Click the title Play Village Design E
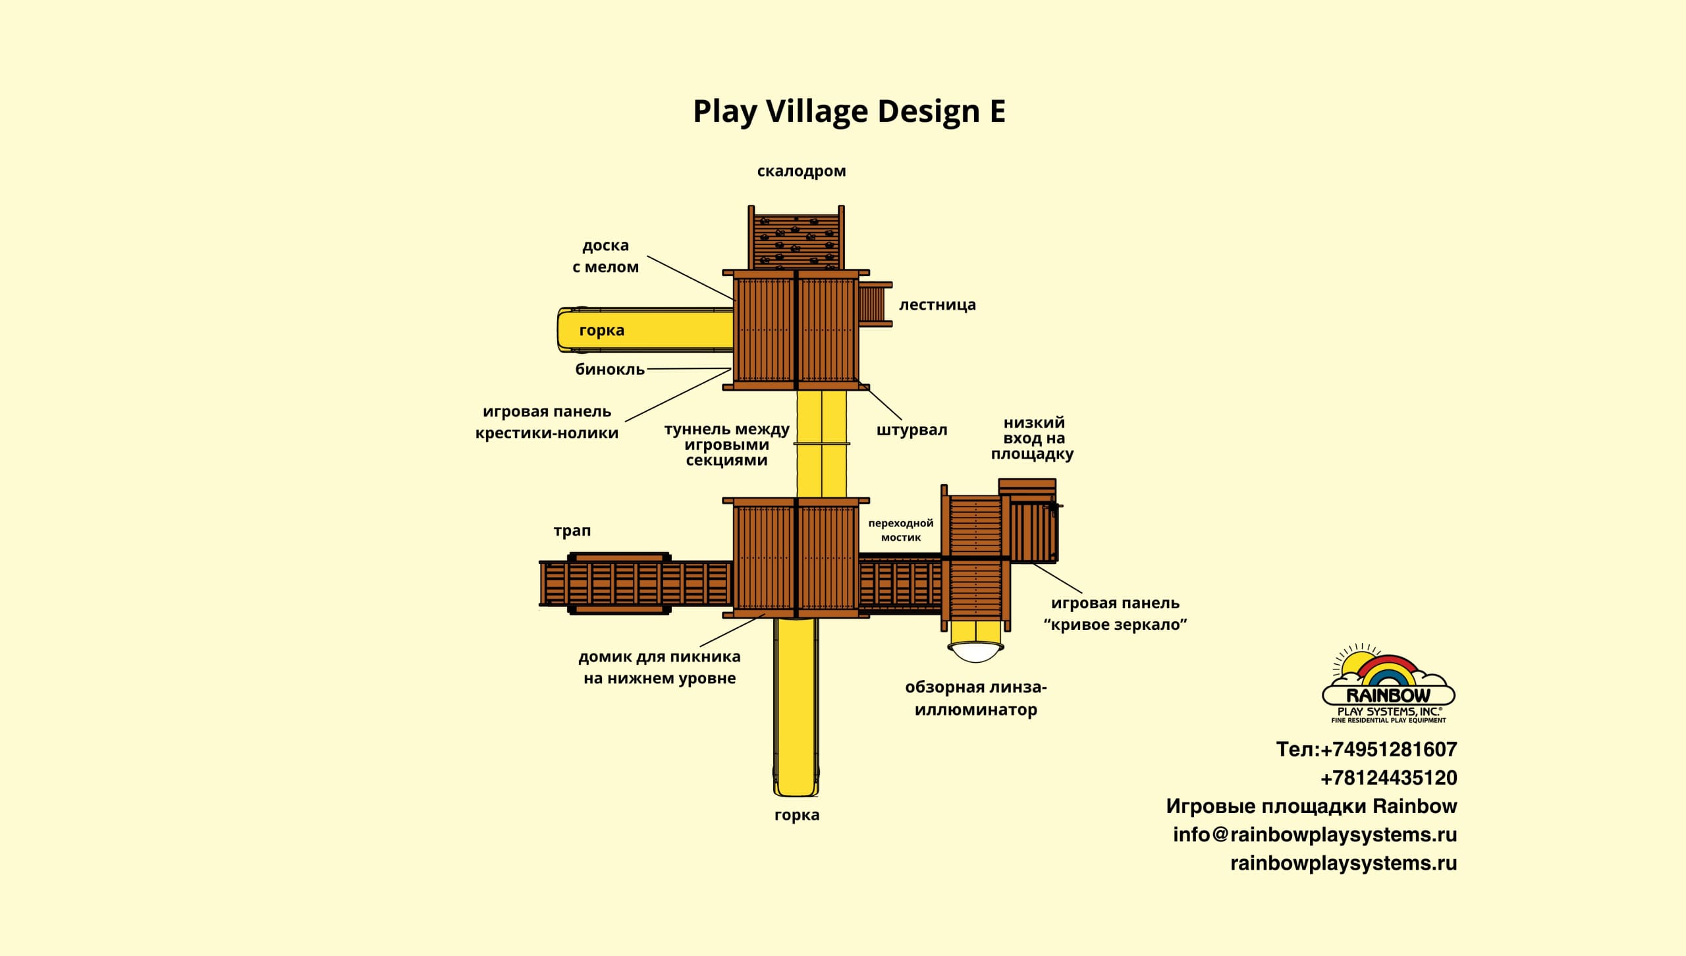(849, 111)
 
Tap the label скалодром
(801, 171)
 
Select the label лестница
(937, 305)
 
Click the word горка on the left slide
(601, 330)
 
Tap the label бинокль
(610, 370)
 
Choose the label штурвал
(911, 430)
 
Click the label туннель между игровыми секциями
(726, 445)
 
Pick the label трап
(572, 530)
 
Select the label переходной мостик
(900, 530)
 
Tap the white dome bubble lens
(976, 652)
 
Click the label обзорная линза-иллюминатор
(976, 698)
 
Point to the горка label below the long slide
(797, 815)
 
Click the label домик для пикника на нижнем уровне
(659, 667)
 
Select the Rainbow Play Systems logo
(1388, 685)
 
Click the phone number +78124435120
(1388, 778)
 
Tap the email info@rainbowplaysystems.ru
(1315, 835)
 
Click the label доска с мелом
(605, 256)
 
